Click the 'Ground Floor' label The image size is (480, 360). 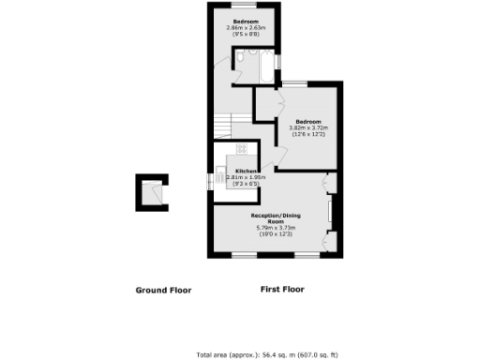coord(164,291)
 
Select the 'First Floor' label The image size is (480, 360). coord(281,290)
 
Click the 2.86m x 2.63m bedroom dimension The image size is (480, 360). coord(246,27)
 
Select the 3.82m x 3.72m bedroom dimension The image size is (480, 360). coord(308,128)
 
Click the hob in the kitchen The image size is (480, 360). coord(241,148)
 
